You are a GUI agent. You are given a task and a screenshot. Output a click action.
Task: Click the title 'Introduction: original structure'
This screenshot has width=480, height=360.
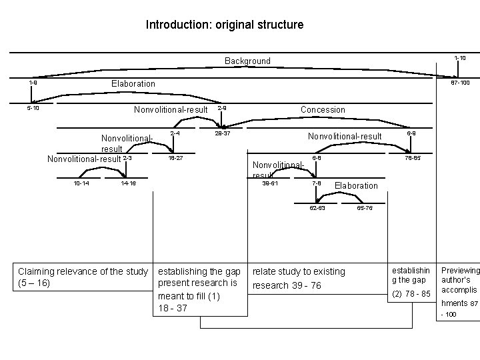click(225, 25)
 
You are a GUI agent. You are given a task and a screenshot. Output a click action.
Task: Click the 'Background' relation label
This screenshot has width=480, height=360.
click(247, 61)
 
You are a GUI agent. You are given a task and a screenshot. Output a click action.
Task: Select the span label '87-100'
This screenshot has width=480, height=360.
click(460, 83)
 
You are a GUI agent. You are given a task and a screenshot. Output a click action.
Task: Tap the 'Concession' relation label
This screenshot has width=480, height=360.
click(323, 109)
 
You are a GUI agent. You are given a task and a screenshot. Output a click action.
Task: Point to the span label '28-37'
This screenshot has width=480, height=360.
click(222, 133)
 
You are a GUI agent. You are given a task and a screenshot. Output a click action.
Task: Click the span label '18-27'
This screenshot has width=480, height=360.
click(175, 158)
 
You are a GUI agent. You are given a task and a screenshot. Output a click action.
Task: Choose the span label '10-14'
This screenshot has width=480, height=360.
click(82, 183)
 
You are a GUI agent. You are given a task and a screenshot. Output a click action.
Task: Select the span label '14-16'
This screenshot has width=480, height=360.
click(128, 183)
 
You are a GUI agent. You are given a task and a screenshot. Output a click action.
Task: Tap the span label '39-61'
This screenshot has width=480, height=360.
click(270, 183)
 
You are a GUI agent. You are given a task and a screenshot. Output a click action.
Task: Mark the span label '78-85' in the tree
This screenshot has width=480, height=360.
click(413, 158)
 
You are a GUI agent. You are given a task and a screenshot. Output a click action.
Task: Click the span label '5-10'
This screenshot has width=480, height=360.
click(33, 108)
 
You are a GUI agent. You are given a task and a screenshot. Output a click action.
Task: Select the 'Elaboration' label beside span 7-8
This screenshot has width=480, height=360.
click(356, 185)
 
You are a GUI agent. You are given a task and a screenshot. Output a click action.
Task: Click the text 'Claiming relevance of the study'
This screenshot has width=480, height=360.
click(83, 271)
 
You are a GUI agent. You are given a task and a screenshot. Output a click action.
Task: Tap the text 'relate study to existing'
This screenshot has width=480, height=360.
click(299, 271)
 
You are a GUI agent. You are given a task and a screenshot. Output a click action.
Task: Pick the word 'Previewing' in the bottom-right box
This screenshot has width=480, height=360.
click(460, 270)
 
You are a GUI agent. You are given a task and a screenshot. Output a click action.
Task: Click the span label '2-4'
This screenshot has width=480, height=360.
click(175, 133)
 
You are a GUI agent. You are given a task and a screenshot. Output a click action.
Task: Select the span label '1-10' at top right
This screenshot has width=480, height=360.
click(460, 59)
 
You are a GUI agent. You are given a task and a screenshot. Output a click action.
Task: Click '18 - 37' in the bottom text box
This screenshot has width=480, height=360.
click(172, 307)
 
